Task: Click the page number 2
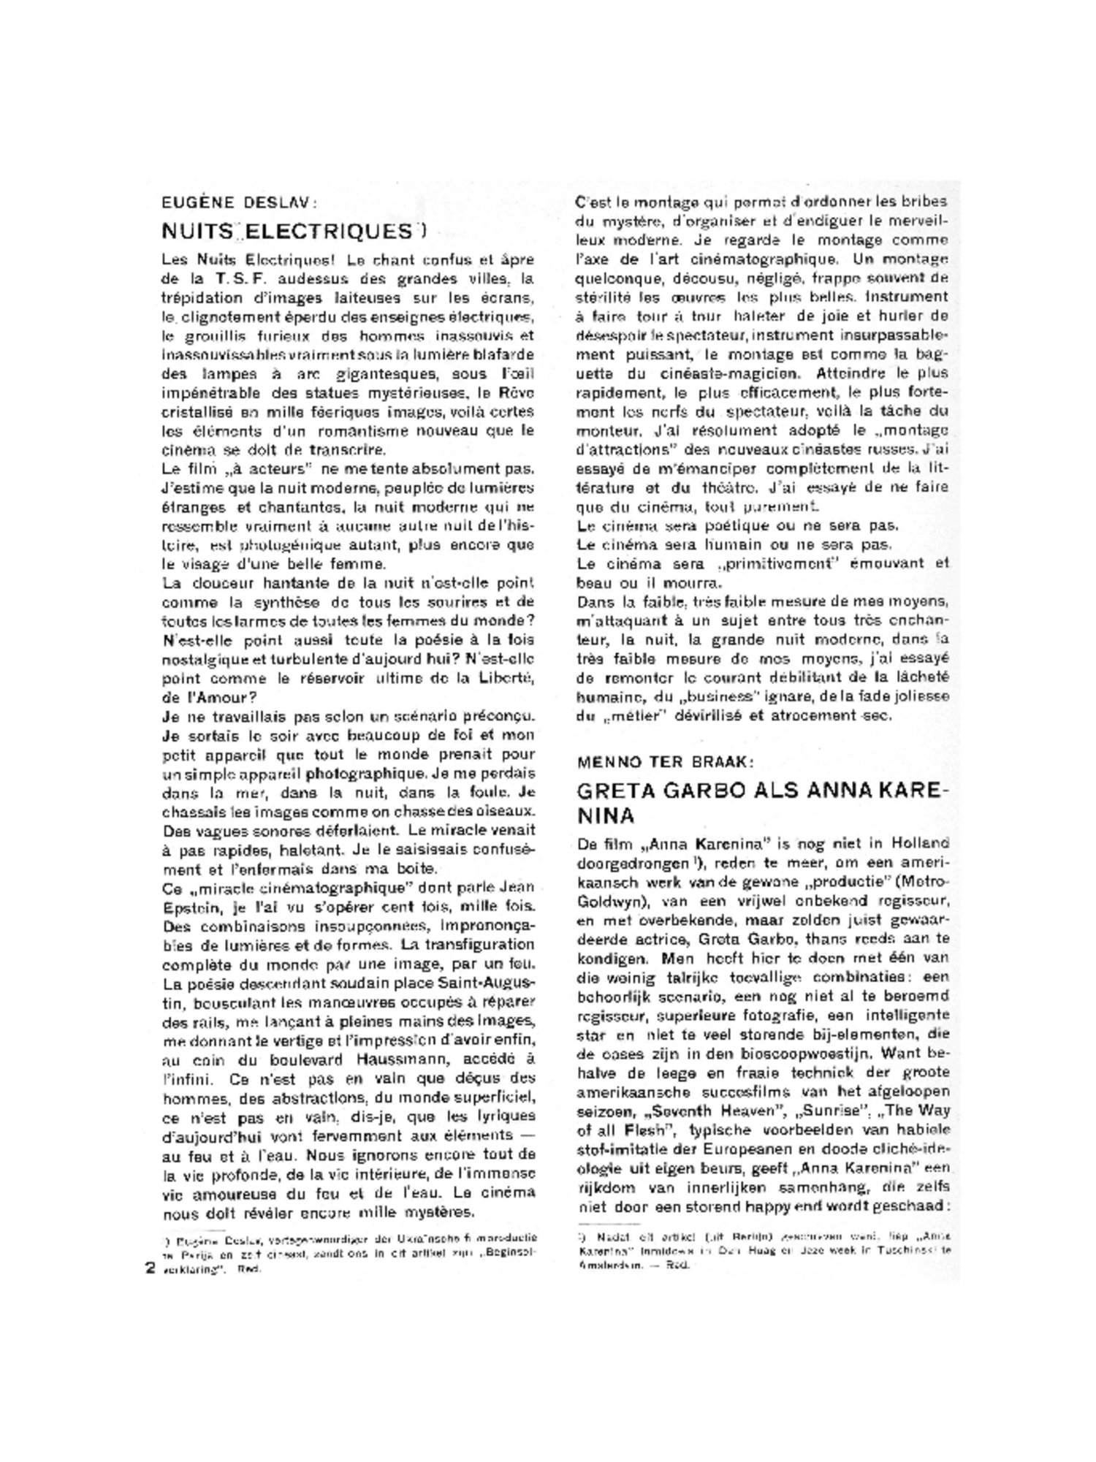click(150, 1268)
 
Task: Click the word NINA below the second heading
click(605, 816)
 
